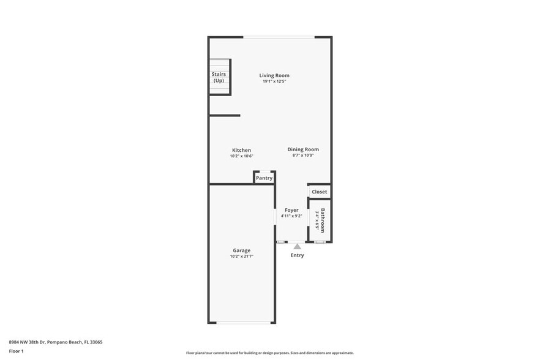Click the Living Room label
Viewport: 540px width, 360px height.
coord(274,75)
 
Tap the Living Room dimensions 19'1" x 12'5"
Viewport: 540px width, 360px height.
coord(274,81)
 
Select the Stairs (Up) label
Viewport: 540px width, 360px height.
coord(219,77)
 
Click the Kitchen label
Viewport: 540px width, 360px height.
coord(241,150)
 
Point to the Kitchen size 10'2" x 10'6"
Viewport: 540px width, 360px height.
coord(241,156)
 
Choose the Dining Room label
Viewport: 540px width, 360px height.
coord(303,149)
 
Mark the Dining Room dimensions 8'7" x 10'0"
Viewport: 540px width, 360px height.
coord(303,156)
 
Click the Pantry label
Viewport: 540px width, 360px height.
coord(264,178)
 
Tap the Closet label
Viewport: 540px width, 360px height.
coord(320,192)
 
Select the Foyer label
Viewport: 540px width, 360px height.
coord(291,210)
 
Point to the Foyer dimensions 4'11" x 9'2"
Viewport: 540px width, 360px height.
coord(291,216)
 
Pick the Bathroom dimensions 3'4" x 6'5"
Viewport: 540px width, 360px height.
coord(317,220)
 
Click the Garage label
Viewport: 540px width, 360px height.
coord(241,250)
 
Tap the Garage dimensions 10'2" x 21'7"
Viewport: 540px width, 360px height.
coord(241,257)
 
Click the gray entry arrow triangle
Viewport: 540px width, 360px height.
coord(297,246)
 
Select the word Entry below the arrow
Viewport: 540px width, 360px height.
coord(297,255)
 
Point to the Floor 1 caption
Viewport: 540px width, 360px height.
coord(17,351)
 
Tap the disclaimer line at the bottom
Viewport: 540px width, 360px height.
coord(269,353)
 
